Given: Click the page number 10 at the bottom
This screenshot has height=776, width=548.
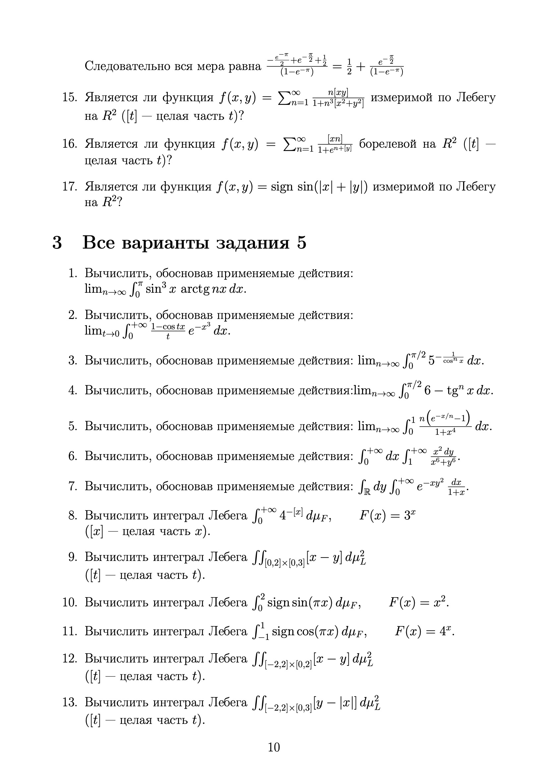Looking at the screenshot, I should coord(274,747).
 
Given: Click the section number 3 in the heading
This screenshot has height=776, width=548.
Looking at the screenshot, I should coord(57,243).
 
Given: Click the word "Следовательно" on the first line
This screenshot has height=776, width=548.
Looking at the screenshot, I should coord(128,66).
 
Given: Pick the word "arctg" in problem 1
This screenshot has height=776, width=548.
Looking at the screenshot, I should coord(195,289).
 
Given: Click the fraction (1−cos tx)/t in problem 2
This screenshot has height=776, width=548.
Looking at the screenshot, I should coord(168,331).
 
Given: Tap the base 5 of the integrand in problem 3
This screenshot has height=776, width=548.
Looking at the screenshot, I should coord(432,361).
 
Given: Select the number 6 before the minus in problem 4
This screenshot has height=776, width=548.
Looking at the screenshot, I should coord(427,391).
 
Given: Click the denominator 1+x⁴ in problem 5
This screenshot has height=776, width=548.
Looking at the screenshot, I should coord(445,432).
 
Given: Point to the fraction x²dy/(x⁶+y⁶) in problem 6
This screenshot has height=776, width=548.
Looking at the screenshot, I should coord(443,457).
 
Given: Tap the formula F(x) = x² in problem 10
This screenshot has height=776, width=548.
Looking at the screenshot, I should coord(419,602).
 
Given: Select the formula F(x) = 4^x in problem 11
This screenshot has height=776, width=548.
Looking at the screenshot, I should coord(424,631).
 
